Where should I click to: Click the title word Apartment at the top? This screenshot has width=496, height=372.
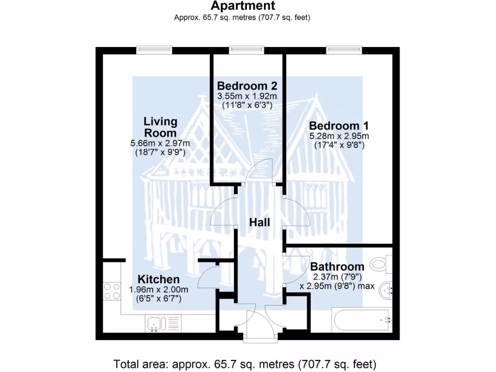pos(243,6)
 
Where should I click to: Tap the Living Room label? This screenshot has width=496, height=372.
pos(160,127)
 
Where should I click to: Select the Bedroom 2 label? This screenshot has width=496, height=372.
pos(247,86)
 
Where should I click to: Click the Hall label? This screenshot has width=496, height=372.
pos(260,222)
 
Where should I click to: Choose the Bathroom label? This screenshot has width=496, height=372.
pos(337,266)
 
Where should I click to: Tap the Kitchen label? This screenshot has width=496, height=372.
pos(158,279)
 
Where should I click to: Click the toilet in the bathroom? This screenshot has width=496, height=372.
pos(380,264)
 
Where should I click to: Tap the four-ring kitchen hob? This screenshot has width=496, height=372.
pos(112,291)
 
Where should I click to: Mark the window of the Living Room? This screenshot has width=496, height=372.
pos(154,49)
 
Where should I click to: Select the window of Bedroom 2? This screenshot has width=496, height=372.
pos(247,49)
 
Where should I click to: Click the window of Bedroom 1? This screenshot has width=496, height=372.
pos(344,49)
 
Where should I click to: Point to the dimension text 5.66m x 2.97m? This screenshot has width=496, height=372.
pos(160,143)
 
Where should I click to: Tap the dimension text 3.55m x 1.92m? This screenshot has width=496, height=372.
pos(247,96)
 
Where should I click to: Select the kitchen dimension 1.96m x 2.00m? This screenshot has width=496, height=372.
pos(158,290)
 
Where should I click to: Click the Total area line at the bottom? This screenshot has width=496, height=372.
pos(245,364)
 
